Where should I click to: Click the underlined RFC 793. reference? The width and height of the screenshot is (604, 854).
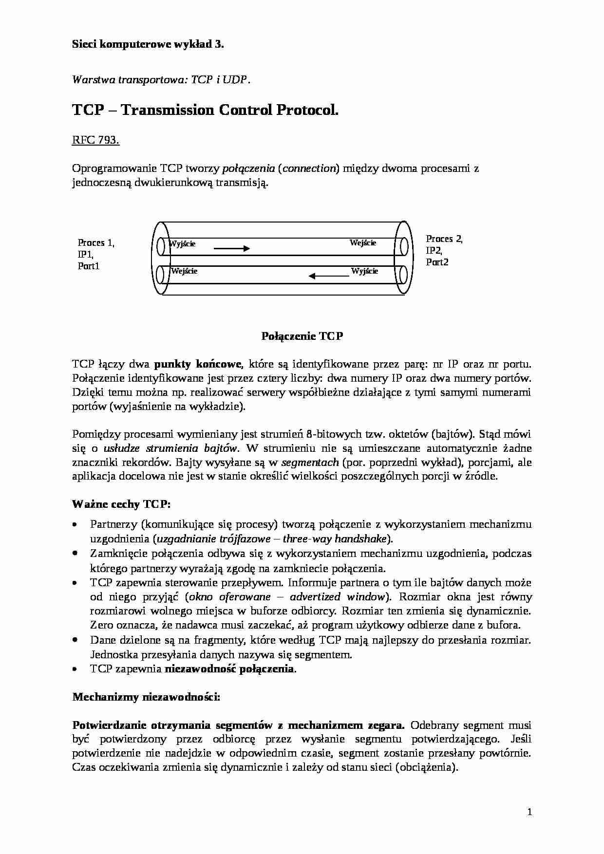coord(95,140)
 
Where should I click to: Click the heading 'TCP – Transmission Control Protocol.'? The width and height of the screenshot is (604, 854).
coord(205,110)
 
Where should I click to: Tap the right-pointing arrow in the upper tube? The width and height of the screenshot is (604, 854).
coord(232,248)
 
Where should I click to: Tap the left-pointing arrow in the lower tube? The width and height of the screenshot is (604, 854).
coord(329,277)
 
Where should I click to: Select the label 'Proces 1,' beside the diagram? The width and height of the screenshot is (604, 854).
coord(96,242)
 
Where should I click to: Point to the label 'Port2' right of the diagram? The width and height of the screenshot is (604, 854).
coord(437,262)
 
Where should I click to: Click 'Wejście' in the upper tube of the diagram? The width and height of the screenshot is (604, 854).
coord(363,243)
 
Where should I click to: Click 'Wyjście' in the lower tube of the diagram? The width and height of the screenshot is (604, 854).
coord(364,271)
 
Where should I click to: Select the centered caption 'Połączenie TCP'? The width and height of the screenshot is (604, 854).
coord(302,336)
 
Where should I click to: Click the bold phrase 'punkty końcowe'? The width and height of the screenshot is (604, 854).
coord(198,364)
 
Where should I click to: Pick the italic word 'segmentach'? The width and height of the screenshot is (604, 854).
coord(310,462)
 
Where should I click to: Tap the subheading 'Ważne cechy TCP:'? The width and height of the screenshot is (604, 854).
coord(121,504)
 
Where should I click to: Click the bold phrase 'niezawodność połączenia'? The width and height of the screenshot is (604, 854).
coord(229,668)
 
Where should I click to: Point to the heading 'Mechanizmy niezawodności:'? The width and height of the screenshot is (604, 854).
coord(146,697)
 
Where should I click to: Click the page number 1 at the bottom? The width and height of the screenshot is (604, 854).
coord(529,812)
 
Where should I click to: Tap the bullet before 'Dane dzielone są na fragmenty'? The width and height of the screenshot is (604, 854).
coord(75,640)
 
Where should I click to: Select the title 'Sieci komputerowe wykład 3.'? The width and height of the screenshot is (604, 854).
coord(148,44)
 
